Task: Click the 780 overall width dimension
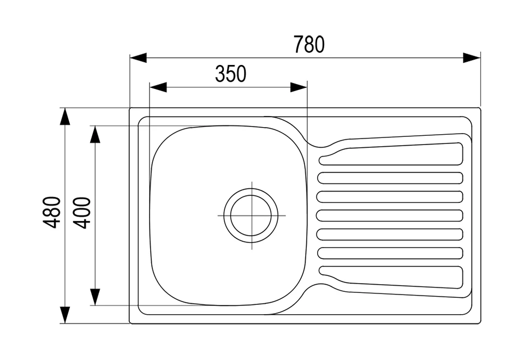click(309, 44)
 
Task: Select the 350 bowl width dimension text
click(230, 74)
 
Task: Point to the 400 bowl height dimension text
click(81, 213)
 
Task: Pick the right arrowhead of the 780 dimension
click(472, 58)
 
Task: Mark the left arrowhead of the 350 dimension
click(158, 87)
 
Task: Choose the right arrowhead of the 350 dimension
click(299, 87)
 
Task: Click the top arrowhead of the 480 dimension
click(65, 117)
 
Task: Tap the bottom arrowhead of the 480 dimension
click(65, 314)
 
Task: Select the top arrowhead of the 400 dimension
click(96, 134)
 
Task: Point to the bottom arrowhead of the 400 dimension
click(96, 297)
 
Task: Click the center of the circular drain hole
click(251, 215)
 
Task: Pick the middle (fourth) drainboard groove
click(391, 215)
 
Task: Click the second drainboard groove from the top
click(391, 178)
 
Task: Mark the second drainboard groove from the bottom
click(391, 253)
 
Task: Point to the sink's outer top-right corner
click(480, 108)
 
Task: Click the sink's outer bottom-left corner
click(130, 323)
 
